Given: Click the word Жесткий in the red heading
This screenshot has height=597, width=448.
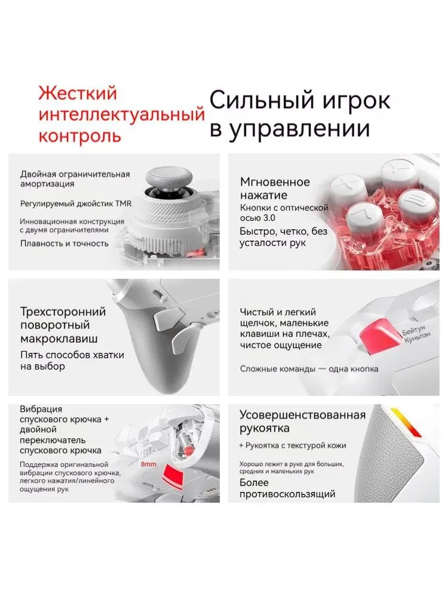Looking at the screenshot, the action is point(77,94).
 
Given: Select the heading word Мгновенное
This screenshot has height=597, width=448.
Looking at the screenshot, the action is point(275,182).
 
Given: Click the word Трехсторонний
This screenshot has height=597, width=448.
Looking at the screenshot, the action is point(63,312).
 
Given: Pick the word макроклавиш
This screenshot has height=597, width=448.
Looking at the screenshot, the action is point(59,338).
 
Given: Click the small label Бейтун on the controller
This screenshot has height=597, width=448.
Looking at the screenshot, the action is point(414,330).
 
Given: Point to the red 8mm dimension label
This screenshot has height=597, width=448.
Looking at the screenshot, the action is point(149,464).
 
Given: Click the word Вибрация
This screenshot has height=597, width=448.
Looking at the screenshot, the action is point(41,410).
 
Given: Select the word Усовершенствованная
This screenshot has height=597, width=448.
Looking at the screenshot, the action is point(302,415).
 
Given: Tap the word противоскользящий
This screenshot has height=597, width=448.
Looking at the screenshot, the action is point(287,494).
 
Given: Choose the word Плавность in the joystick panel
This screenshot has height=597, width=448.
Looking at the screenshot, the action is point(41,244).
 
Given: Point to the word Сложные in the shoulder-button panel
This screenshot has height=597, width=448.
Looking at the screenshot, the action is point(256,369).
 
